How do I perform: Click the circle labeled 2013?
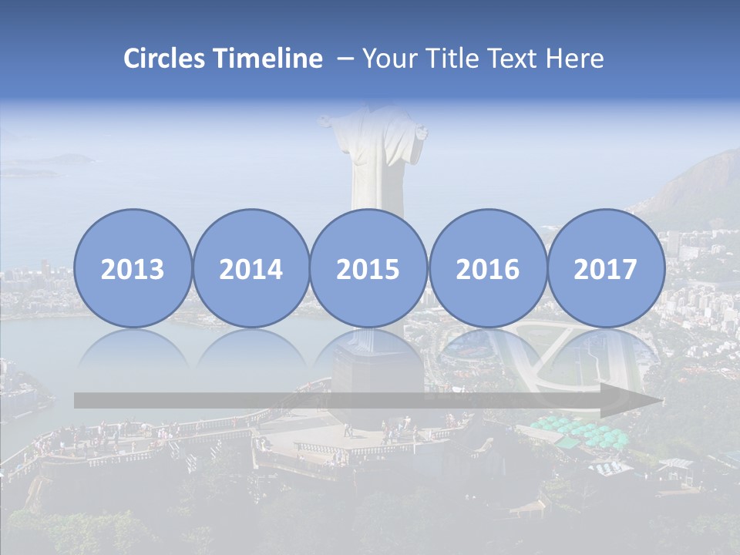pos(133,268)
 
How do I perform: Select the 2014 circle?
pos(251,268)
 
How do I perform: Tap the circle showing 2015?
pos(368,268)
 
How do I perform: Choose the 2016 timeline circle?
pos(487,268)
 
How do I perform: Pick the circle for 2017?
pos(605,268)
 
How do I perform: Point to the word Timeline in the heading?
pos(268,59)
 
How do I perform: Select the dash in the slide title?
pos(345,59)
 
